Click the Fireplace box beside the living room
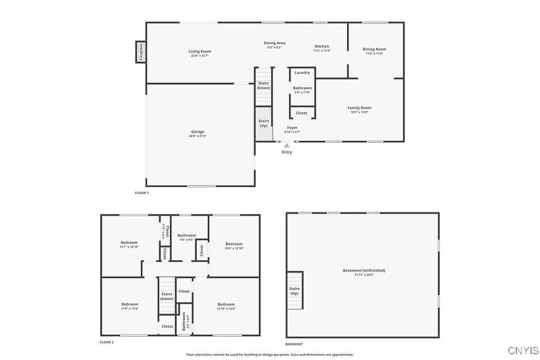(x=141, y=52)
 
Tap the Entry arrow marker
(x=287, y=146)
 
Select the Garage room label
(x=198, y=132)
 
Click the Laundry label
(x=302, y=73)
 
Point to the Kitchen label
(x=322, y=46)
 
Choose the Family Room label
(x=359, y=108)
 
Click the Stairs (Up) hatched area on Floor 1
(x=263, y=124)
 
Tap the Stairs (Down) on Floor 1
(x=264, y=85)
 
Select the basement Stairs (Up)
(x=294, y=291)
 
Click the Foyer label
(x=292, y=128)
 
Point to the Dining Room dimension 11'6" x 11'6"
(x=374, y=53)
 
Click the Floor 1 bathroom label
(x=302, y=88)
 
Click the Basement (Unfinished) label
(x=364, y=270)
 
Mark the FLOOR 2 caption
(x=107, y=342)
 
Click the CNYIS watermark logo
(x=523, y=350)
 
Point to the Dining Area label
(x=274, y=43)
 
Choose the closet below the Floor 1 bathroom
(x=302, y=113)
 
